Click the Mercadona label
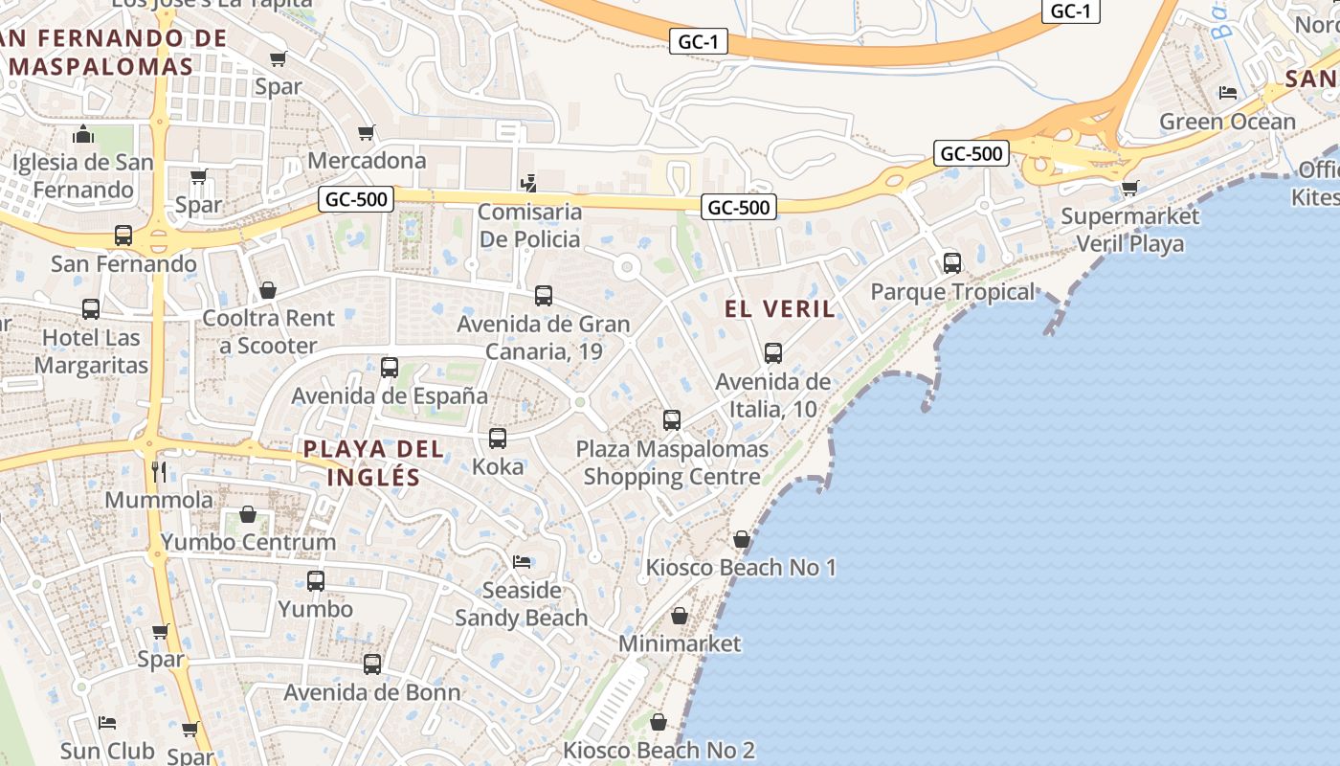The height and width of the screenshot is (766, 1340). click(367, 160)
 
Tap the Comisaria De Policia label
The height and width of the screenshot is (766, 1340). click(529, 225)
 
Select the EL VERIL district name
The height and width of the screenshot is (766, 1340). click(780, 308)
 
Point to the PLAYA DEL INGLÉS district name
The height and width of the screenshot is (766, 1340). click(374, 462)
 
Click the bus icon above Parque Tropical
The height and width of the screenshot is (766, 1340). click(951, 262)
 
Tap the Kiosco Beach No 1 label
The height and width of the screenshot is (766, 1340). click(741, 568)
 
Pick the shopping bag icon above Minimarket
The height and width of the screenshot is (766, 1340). click(679, 616)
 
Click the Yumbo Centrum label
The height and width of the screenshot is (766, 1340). click(249, 542)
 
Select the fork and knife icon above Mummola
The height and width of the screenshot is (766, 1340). click(159, 471)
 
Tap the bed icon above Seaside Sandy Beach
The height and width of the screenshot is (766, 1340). click(522, 561)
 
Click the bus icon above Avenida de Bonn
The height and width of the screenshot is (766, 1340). click(372, 664)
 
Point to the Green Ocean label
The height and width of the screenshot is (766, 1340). click(1227, 122)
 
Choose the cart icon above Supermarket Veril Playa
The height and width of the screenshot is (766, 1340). click(1129, 188)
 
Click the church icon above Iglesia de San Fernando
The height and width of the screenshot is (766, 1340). click(82, 134)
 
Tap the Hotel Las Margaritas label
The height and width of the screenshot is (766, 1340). click(92, 351)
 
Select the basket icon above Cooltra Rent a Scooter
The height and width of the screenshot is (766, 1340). click(268, 289)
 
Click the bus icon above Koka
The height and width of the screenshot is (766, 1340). click(498, 439)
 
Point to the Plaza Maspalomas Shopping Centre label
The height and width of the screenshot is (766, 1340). click(672, 462)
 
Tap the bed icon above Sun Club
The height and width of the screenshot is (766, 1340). click(107, 721)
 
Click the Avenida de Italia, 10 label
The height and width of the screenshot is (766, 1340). click(773, 395)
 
